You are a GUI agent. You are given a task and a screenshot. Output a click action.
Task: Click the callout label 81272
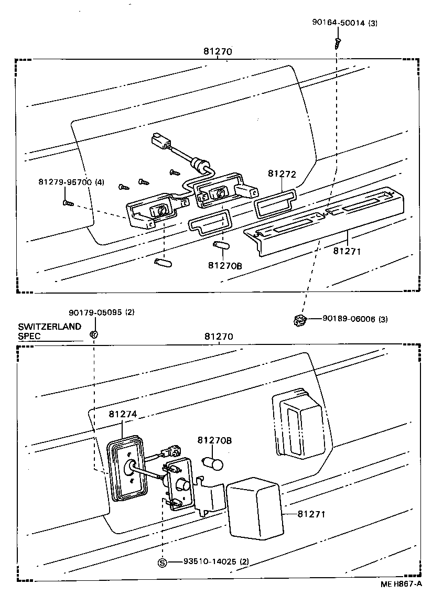(x=282, y=174)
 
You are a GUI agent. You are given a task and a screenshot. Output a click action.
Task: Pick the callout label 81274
(x=123, y=414)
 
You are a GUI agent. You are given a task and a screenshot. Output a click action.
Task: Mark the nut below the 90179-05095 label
(x=93, y=334)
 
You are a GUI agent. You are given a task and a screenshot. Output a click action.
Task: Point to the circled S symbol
(x=162, y=562)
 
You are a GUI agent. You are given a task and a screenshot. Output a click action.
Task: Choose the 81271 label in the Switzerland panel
(x=311, y=514)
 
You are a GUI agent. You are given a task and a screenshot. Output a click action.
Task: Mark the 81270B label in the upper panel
(x=225, y=265)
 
